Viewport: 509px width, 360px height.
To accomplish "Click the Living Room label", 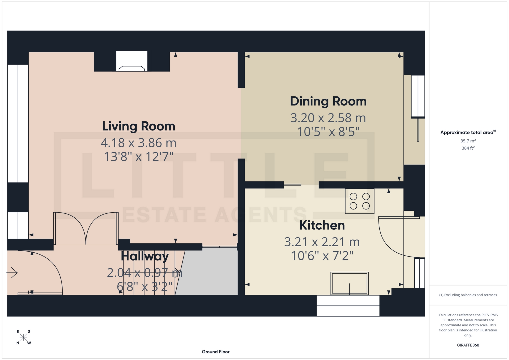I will pyautogui.click(x=139, y=126).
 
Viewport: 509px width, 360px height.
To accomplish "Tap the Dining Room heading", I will pyautogui.click(x=328, y=101).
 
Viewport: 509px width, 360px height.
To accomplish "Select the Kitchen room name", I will pyautogui.click(x=322, y=225).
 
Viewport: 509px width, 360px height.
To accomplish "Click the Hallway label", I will pyautogui.click(x=145, y=256).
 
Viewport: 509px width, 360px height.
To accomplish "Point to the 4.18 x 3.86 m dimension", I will pyautogui.click(x=139, y=143).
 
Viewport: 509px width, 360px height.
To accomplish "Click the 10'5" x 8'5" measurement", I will pyautogui.click(x=328, y=132).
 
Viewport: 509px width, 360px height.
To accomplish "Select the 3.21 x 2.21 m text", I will pyautogui.click(x=322, y=242).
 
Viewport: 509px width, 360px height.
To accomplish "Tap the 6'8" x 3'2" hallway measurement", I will pyautogui.click(x=145, y=287).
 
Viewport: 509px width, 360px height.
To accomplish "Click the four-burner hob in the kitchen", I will pyautogui.click(x=359, y=201).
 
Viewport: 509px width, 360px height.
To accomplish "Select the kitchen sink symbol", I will pyautogui.click(x=349, y=283).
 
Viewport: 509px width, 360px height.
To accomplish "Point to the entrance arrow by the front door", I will pyautogui.click(x=12, y=273).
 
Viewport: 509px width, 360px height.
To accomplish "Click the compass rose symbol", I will pyautogui.click(x=24, y=337).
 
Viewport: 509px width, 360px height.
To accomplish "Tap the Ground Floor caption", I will pyautogui.click(x=216, y=352).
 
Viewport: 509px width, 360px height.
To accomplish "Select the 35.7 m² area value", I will pyautogui.click(x=468, y=141).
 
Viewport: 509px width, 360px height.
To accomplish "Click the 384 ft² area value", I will pyautogui.click(x=468, y=148).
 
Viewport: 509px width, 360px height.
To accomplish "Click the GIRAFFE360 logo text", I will pyautogui.click(x=468, y=345).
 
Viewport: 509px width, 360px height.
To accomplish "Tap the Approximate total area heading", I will pyautogui.click(x=467, y=133).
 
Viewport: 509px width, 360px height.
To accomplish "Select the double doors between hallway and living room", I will pyautogui.click(x=86, y=228).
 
